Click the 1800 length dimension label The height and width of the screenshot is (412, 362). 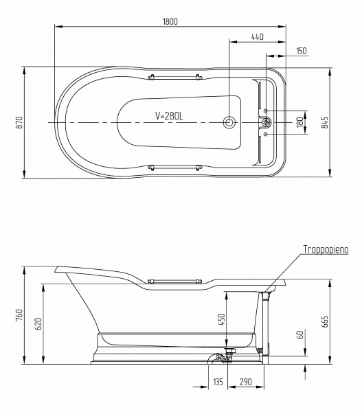(170, 21)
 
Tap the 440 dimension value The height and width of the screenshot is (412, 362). (257, 37)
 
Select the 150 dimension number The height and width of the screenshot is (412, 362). (302, 51)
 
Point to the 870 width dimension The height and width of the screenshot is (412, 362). (20, 122)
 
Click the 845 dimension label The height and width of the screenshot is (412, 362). (325, 123)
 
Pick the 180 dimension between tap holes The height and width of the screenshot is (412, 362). (299, 122)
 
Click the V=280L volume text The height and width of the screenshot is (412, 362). (169, 116)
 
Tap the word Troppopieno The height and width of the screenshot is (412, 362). (326, 249)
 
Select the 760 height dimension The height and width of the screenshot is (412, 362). (20, 315)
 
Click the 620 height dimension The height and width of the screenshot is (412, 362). (38, 324)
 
